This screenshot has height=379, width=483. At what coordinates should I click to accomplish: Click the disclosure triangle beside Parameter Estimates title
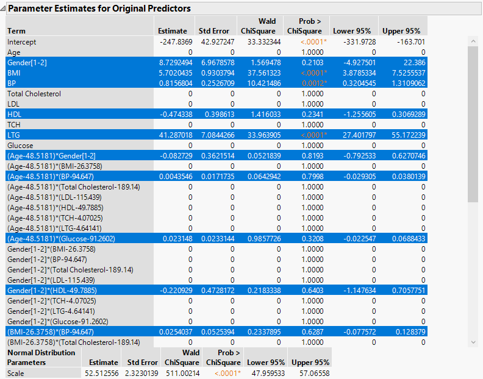click(x=4, y=9)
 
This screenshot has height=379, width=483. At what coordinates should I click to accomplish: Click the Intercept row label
click(x=21, y=42)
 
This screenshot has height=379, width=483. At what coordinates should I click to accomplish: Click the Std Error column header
click(x=214, y=31)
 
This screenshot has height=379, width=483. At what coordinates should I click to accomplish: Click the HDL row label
click(x=14, y=115)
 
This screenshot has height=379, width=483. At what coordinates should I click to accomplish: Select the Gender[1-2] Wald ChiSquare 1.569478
click(x=260, y=63)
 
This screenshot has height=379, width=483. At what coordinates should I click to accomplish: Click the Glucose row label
click(x=20, y=146)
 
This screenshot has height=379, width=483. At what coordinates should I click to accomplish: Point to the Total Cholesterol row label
click(x=34, y=94)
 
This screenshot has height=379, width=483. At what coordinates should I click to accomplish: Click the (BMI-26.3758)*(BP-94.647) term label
click(x=50, y=332)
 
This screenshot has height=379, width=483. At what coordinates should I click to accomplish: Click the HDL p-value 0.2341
click(x=310, y=115)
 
